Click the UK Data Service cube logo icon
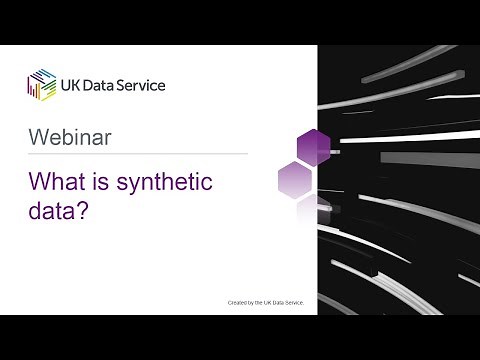click(x=42, y=85)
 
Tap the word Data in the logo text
click(x=103, y=85)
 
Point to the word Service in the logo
click(x=143, y=85)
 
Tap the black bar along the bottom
click(x=240, y=337)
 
